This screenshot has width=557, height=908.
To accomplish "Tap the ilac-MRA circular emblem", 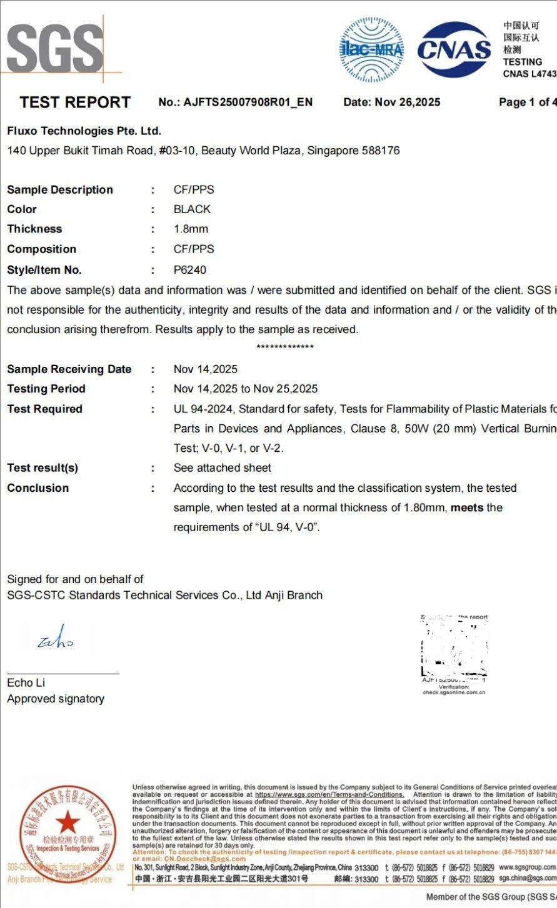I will (371, 49).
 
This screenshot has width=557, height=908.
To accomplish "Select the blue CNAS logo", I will (454, 49).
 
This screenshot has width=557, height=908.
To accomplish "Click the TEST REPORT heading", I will (75, 102).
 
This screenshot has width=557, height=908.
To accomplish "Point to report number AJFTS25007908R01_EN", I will (248, 102).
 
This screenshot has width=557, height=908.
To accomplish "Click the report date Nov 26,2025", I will (407, 102).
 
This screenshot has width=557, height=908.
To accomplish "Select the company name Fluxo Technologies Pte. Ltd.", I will (84, 131).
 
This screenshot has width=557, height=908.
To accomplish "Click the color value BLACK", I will (192, 209).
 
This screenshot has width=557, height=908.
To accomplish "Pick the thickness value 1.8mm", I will (191, 229).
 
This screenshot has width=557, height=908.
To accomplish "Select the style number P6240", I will (189, 269).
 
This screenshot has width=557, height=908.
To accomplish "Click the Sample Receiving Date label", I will (69, 369).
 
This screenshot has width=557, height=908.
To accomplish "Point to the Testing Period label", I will (46, 388).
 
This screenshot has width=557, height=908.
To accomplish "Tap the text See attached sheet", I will (222, 467).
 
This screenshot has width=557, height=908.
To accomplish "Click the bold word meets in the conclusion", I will (467, 507).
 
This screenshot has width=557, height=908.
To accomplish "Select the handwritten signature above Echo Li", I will (56, 639).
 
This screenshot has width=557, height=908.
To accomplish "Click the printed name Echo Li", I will (26, 682).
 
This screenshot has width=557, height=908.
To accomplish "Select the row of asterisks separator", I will (285, 347).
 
